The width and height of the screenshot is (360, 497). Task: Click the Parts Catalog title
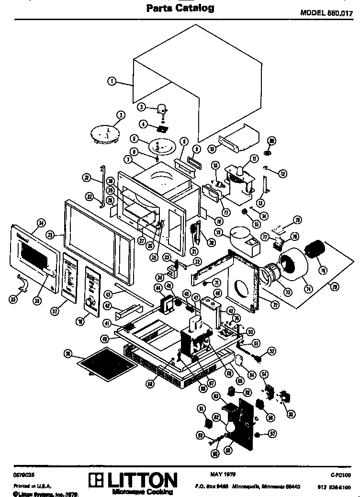pos(180,8)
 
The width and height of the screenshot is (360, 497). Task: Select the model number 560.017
pos(326,13)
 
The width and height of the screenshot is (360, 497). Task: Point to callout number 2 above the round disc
pos(121,114)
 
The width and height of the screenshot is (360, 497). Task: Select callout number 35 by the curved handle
pos(13,299)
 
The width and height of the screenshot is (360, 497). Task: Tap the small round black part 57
pos(258,435)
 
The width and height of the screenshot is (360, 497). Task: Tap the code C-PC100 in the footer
pos(341,475)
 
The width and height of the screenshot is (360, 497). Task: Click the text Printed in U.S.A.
pos(29,486)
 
